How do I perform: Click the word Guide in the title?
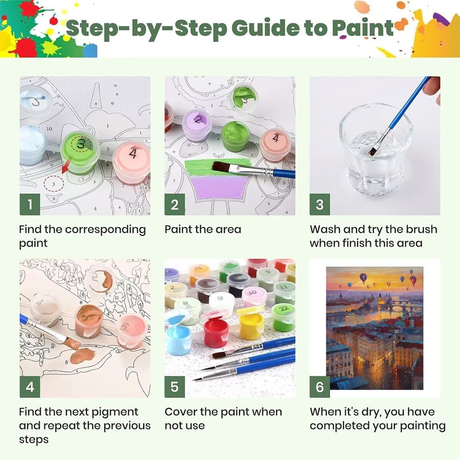265,28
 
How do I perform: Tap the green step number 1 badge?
30,204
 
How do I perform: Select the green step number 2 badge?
175,204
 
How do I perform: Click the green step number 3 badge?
320,204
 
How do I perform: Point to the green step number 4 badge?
30,387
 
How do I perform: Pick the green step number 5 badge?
175,387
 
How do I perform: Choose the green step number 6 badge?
320,387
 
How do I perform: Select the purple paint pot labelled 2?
197,125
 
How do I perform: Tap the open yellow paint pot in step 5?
251,323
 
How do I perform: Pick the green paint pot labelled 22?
283,317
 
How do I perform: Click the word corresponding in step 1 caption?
105,230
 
